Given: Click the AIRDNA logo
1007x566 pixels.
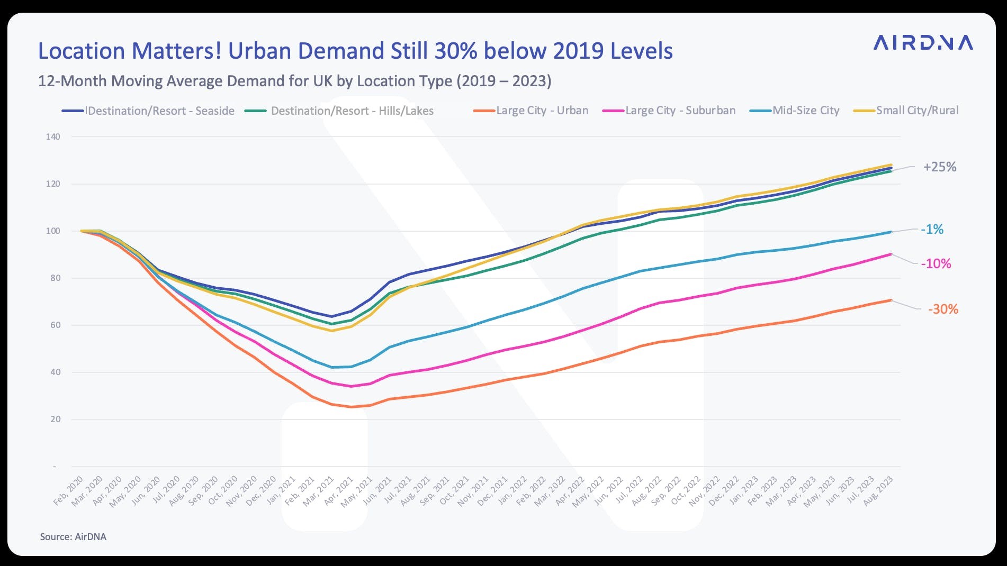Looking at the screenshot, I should coord(923,43).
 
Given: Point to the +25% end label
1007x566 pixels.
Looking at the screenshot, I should coord(939,167).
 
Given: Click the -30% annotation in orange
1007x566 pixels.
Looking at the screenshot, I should coord(942,309).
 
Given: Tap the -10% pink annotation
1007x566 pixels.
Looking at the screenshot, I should coord(936,264).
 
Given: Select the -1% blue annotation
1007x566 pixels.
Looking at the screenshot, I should coord(932,230).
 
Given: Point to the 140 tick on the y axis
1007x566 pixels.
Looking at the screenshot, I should coord(53,136).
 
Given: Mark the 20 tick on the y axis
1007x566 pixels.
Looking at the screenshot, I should coord(55,419).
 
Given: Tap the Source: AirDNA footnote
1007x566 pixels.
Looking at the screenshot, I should coord(73,537).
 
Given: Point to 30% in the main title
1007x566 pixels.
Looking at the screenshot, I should coord(456,51).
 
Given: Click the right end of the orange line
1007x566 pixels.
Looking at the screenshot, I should coord(891,300).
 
